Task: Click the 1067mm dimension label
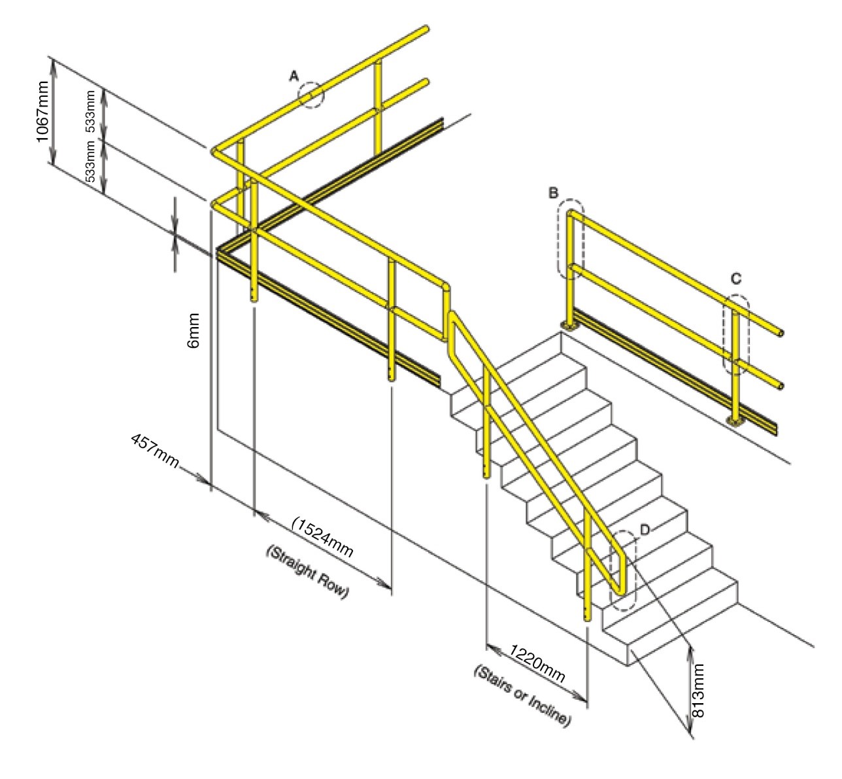point(42,112)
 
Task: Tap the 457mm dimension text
point(155,450)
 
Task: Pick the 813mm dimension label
point(698,691)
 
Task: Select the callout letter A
point(295,77)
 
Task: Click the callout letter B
point(553,192)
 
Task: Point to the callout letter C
point(735,279)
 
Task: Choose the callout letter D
point(645,529)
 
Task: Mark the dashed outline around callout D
point(622,570)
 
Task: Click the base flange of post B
point(570,325)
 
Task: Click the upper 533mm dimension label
point(91,111)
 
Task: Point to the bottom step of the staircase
point(680,628)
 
